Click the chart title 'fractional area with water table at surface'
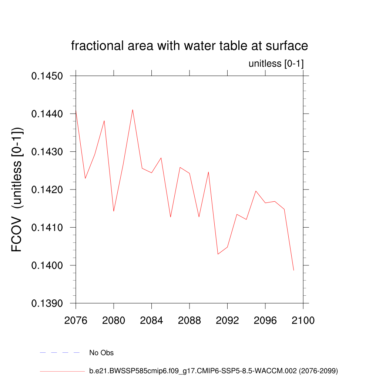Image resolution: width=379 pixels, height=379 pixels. tap(189, 46)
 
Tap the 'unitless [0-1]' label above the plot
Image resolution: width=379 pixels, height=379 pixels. tap(276, 64)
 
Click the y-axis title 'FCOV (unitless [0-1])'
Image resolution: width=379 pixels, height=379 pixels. tap(17, 189)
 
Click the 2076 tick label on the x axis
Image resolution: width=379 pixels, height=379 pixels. tap(76, 320)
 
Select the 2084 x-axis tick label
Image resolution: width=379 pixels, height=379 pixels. tap(152, 320)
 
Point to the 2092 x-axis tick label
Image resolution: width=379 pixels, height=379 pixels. tap(227, 320)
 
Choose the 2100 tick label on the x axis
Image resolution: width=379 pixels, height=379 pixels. tap(303, 320)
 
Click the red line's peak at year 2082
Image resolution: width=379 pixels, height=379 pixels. tap(133, 110)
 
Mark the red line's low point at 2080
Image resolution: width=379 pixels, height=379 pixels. tap(114, 211)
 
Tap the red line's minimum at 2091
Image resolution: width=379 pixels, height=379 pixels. tap(218, 254)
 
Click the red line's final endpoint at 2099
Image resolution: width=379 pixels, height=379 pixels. tap(294, 270)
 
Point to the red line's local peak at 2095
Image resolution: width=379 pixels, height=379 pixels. tap(256, 191)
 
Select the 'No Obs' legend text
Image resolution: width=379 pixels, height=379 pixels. tap(101, 353)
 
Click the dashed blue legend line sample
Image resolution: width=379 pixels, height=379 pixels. tap(60, 353)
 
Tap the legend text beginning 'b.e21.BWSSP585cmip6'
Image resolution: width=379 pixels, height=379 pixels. tap(214, 370)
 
